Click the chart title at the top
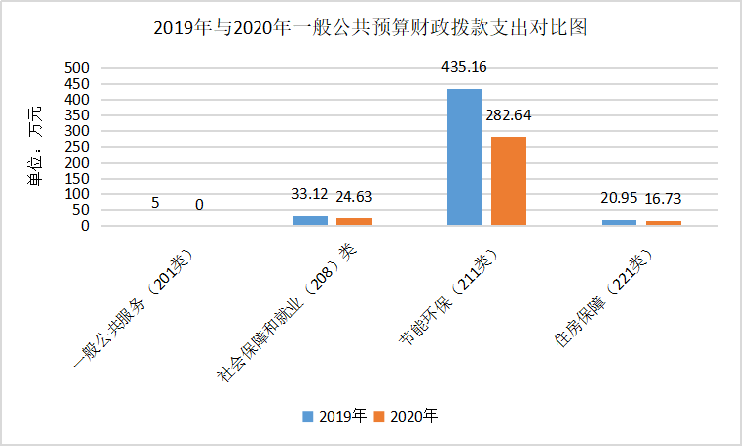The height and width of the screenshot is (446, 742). pos(371,27)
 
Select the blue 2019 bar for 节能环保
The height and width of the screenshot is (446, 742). pos(465,157)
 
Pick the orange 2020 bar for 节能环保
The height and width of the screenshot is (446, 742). pos(509,182)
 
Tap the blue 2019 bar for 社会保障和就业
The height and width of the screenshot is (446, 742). pos(310,221)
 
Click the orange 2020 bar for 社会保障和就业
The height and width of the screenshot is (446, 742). pos(354,222)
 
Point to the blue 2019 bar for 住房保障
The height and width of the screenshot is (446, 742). pos(619,223)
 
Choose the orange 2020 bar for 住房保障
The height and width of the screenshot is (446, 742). pos(663,223)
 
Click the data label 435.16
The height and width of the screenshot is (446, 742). pos(465,68)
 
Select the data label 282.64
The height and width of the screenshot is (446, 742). pos(509,115)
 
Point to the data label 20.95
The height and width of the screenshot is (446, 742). pos(619,198)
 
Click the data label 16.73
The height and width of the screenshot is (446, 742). pos(663,199)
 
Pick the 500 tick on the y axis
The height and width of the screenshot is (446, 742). pos(77,68)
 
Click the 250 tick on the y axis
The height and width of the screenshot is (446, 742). pos(77,147)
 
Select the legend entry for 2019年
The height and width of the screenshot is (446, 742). pos(334,416)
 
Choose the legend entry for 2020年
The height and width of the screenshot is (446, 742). pos(406,416)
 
